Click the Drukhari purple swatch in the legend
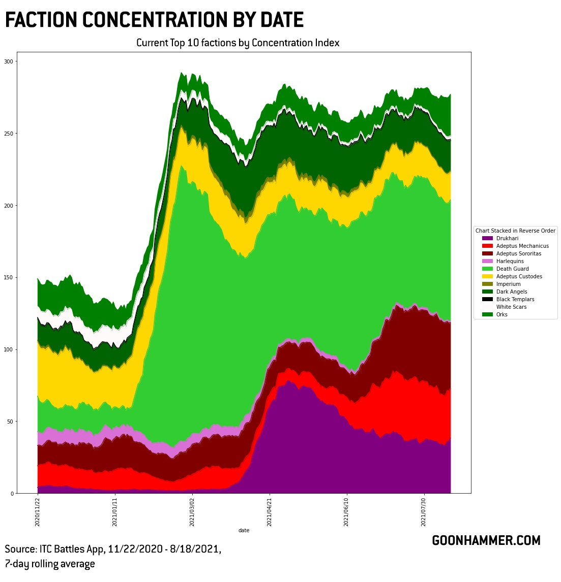487,238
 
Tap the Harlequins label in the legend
510,261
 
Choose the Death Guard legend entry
512,269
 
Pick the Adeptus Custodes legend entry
519,276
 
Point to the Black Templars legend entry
515,299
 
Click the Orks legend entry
501,314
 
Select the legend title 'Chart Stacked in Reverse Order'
515,231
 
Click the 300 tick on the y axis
9,61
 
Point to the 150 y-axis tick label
9,277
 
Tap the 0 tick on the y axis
12,493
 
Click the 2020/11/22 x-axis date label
38,512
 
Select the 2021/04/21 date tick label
270,512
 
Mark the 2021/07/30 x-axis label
424,512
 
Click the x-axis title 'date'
244,530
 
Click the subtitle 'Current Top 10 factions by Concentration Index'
238,43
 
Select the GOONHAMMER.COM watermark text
486,540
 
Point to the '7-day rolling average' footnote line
50,564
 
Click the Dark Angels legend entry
511,292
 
